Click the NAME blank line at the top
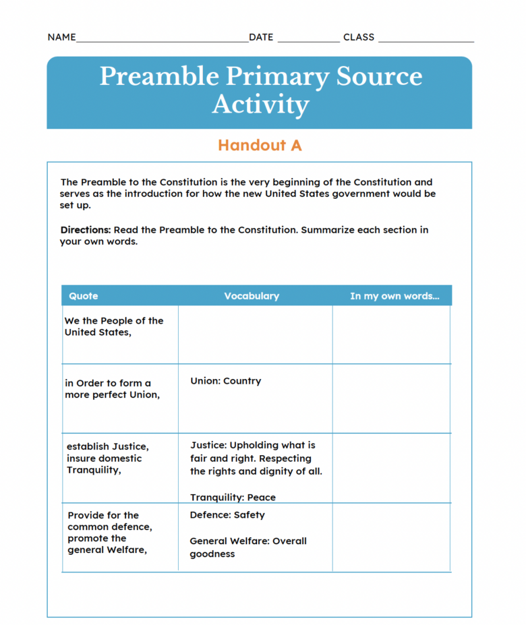[162, 40]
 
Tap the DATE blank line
[308, 40]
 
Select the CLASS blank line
[426, 40]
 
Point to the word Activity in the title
[260, 105]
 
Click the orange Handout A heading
[260, 145]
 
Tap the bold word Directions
[86, 230]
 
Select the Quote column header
[84, 296]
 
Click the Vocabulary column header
[252, 296]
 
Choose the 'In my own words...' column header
[394, 296]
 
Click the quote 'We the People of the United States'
[113, 326]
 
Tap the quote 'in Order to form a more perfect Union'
[112, 388]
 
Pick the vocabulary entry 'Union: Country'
[225, 381]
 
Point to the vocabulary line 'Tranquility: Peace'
[233, 498]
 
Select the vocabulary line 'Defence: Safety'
[227, 515]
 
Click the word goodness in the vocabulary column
[212, 554]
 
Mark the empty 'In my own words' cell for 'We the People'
[391, 334]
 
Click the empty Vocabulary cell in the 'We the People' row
[255, 334]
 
